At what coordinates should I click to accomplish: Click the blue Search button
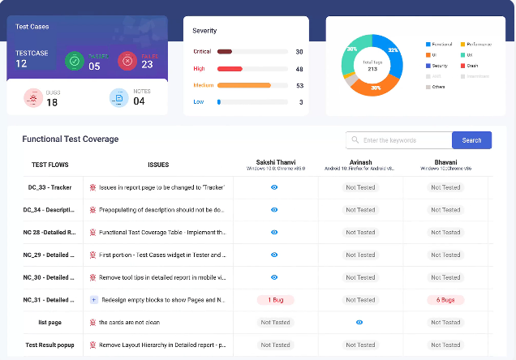[x=471, y=140]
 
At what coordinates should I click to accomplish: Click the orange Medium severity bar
[x=244, y=85]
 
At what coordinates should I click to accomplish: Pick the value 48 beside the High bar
[x=299, y=69]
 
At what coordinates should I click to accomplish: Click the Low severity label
[x=199, y=102]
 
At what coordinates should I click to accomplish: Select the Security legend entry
[x=440, y=66]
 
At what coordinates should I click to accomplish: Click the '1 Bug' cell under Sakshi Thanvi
[x=275, y=299]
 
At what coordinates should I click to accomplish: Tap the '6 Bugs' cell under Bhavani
[x=445, y=299]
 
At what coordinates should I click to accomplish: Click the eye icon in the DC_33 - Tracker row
[x=275, y=187]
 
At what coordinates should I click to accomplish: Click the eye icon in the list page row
[x=359, y=322]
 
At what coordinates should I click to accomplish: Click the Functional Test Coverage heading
[x=70, y=139]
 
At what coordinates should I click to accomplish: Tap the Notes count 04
[x=139, y=101]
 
